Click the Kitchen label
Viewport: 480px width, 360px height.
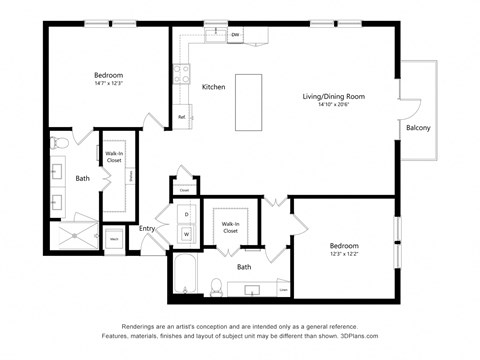point(214,87)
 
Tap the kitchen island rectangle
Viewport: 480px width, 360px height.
point(249,102)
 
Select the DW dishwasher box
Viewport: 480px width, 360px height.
point(234,36)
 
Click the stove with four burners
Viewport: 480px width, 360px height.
point(183,73)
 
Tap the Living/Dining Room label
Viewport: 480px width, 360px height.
point(333,97)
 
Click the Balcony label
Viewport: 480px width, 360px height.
point(418,128)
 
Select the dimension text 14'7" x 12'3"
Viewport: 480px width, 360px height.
point(108,85)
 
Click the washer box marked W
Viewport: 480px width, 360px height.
point(186,234)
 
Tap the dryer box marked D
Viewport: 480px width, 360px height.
point(186,214)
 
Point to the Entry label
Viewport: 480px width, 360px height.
point(148,229)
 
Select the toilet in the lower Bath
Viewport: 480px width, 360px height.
point(215,287)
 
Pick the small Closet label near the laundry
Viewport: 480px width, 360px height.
point(184,188)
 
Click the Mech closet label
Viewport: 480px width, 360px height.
point(114,239)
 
